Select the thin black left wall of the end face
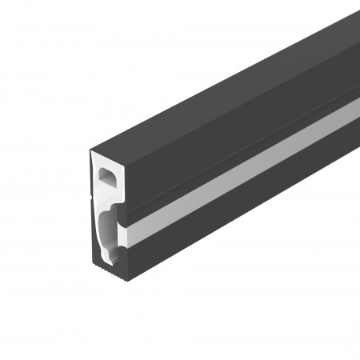click(x=94, y=208)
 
